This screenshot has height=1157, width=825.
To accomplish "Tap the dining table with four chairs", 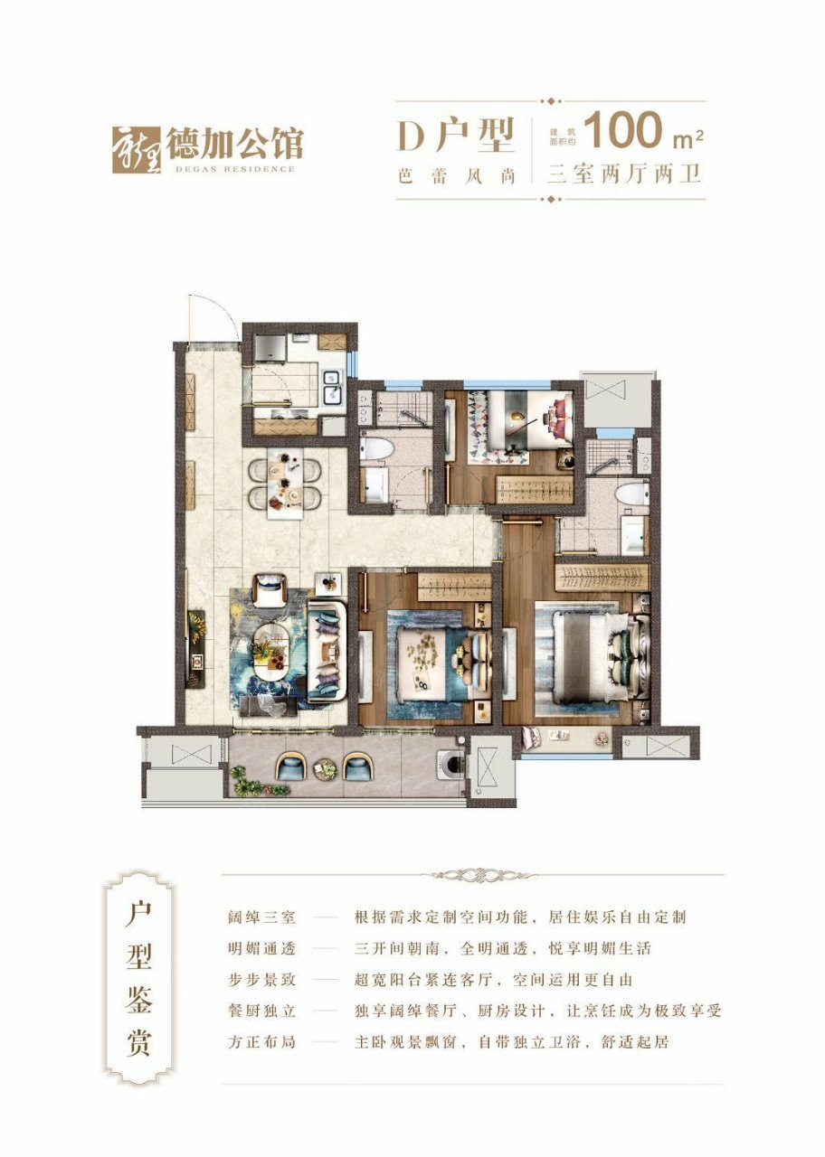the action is (284, 483).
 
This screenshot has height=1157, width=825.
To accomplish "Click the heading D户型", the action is (455, 136).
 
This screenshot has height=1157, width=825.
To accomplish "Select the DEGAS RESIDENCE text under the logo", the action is (230, 168).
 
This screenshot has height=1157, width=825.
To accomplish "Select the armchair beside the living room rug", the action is (269, 590).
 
